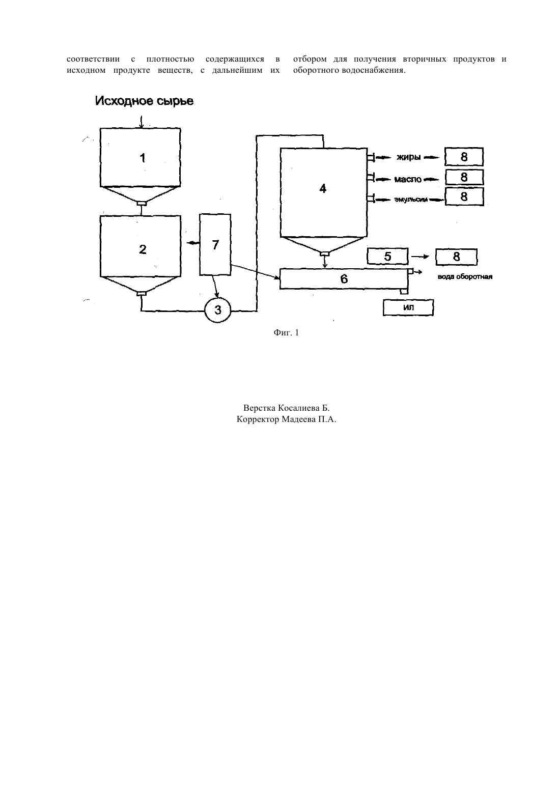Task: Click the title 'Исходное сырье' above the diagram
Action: (x=144, y=101)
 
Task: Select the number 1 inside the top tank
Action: (x=143, y=158)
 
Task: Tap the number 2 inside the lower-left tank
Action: (x=143, y=249)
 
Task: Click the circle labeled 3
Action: (x=218, y=310)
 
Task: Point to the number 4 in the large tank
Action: (x=323, y=188)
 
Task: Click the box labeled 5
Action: (x=387, y=257)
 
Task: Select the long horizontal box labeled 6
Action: (x=344, y=279)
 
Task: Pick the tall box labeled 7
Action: (x=215, y=244)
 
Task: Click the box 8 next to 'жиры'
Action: (x=464, y=157)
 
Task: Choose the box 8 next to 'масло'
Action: (x=464, y=177)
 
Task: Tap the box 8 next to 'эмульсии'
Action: (x=464, y=196)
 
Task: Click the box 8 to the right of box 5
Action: (x=456, y=257)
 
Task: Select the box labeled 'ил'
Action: (x=408, y=307)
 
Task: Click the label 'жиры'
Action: (x=408, y=157)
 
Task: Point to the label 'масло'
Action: (x=408, y=179)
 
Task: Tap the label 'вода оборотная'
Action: (x=465, y=276)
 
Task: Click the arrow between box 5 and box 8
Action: (x=420, y=257)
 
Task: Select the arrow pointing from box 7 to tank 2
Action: (x=193, y=243)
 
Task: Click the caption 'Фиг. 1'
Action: (x=286, y=332)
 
